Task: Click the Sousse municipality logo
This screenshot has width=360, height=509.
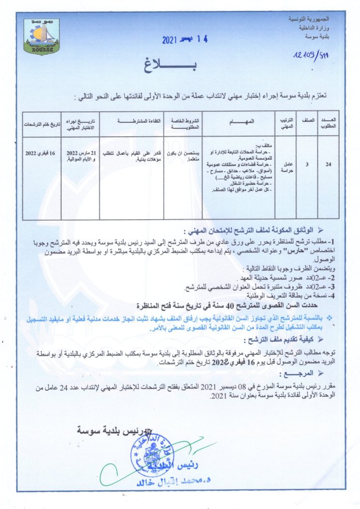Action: pyautogui.click(x=41, y=38)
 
